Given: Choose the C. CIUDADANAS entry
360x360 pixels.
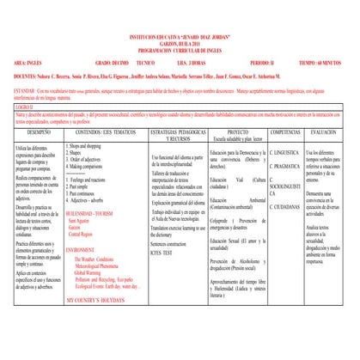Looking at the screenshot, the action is [x=286, y=208].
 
